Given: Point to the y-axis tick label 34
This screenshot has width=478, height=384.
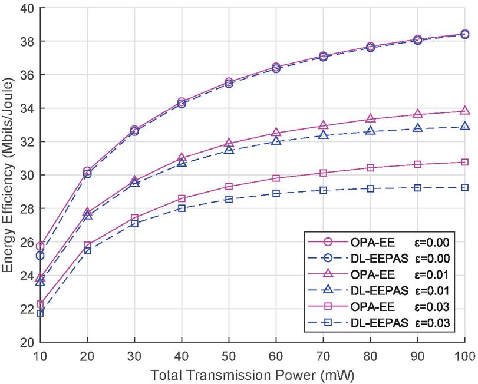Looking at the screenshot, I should (x=27, y=108).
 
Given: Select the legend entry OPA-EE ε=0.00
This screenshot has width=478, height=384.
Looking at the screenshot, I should (x=378, y=241).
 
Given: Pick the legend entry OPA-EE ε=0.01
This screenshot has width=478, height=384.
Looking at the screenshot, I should (x=378, y=274).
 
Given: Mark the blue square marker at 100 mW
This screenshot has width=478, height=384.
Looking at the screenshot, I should (x=464, y=187).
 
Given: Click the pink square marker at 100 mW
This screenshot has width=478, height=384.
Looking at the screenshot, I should (x=464, y=162).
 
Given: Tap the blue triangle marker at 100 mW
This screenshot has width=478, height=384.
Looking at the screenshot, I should (x=464, y=126).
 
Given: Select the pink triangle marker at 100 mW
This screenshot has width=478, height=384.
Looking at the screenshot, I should (x=464, y=111).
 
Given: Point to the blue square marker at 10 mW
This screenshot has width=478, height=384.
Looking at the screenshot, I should (x=40, y=313).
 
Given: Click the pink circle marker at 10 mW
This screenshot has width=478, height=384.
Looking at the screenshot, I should (x=40, y=246).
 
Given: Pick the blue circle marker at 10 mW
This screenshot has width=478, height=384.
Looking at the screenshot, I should (x=40, y=256).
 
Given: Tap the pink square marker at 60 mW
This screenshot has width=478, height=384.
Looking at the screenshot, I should (x=276, y=178).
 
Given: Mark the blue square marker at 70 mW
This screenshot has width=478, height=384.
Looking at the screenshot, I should (x=323, y=190).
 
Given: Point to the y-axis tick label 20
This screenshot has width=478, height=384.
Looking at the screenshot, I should (x=27, y=342).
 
